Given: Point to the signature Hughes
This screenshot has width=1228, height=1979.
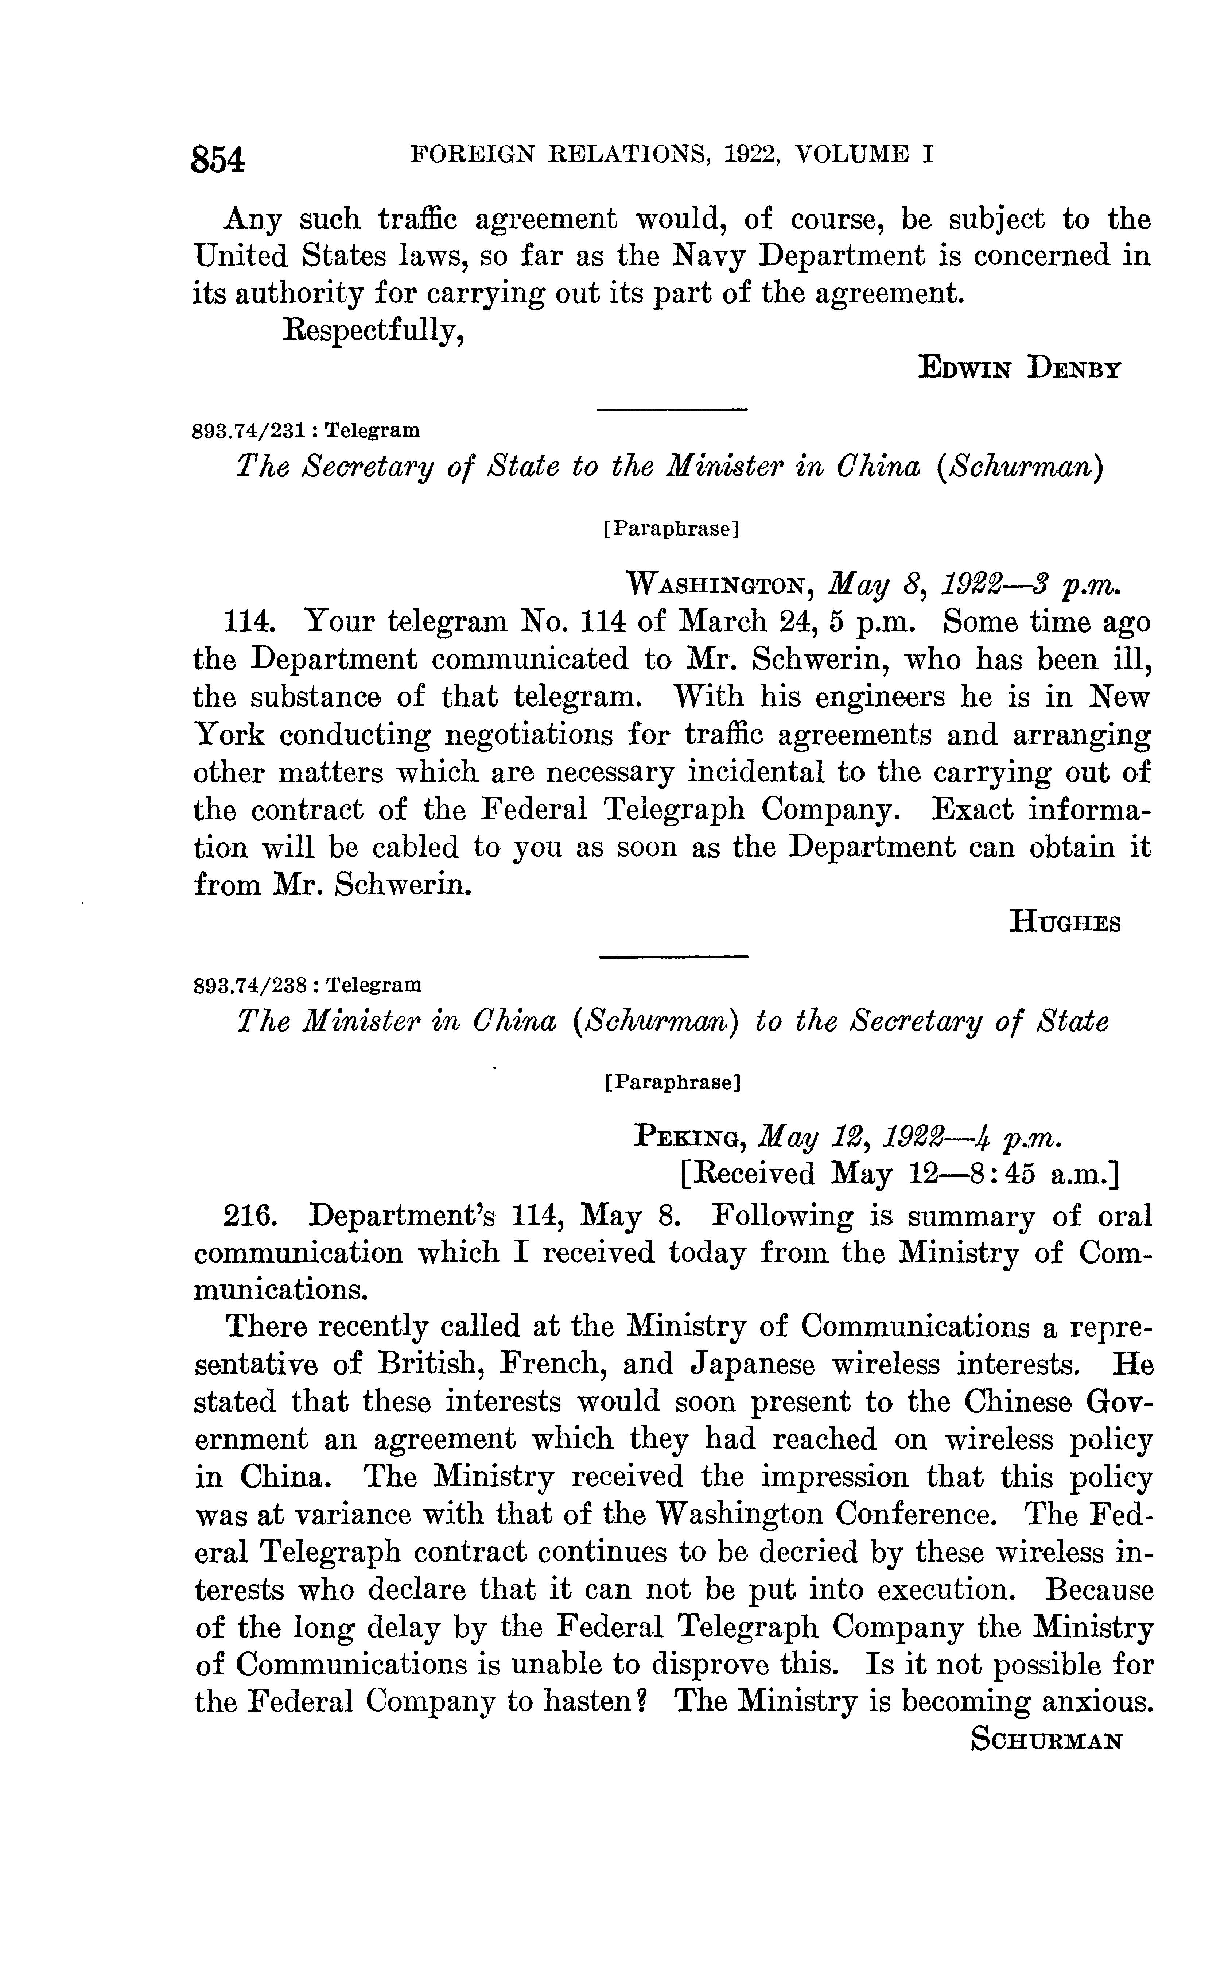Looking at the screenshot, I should tap(1065, 923).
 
